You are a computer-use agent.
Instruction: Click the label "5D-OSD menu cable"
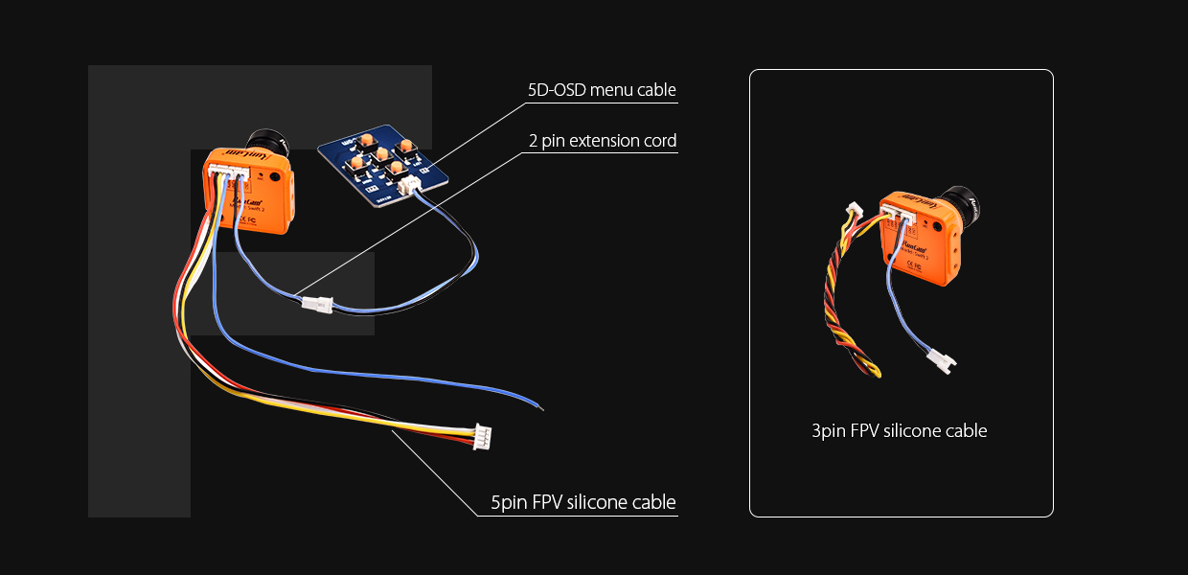602,91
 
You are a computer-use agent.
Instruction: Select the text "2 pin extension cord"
603,141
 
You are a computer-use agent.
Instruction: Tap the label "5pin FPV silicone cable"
583,502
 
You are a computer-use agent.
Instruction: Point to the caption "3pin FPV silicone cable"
899,431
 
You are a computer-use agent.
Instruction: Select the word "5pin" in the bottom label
508,502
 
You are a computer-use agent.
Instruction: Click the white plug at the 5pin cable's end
485,436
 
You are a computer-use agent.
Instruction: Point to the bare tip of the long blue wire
541,409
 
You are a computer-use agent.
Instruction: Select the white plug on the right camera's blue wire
938,361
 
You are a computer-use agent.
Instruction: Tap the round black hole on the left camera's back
275,176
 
